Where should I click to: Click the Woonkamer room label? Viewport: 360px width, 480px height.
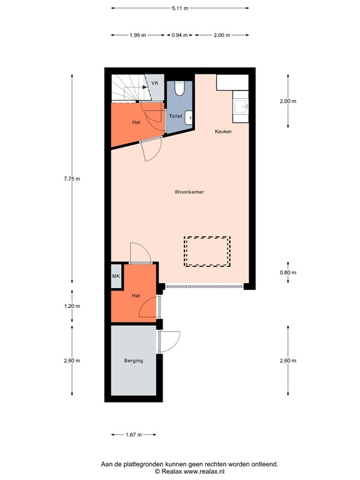point(189,192)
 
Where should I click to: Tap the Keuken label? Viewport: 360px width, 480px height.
point(223,131)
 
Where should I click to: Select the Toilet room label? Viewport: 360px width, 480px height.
point(176,116)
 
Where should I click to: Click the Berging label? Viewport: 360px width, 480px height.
point(133,361)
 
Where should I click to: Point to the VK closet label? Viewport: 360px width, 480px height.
point(155,82)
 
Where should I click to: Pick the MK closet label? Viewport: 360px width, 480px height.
point(116,276)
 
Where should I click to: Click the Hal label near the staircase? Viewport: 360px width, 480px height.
point(136,122)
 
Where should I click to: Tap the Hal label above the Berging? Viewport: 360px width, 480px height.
point(135,295)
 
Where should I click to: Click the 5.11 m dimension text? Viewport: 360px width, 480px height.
point(179,8)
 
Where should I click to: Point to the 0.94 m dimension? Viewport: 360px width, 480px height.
point(179,35)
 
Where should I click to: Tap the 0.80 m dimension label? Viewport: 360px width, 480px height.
point(287,272)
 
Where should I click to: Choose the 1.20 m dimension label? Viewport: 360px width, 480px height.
point(72,306)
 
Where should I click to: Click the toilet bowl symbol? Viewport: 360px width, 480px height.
point(180,88)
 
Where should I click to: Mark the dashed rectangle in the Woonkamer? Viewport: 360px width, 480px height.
point(207,251)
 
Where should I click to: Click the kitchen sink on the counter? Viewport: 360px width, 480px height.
point(242,108)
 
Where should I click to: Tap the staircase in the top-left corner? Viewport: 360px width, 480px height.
point(127,87)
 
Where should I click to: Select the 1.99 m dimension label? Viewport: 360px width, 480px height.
point(137,35)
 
